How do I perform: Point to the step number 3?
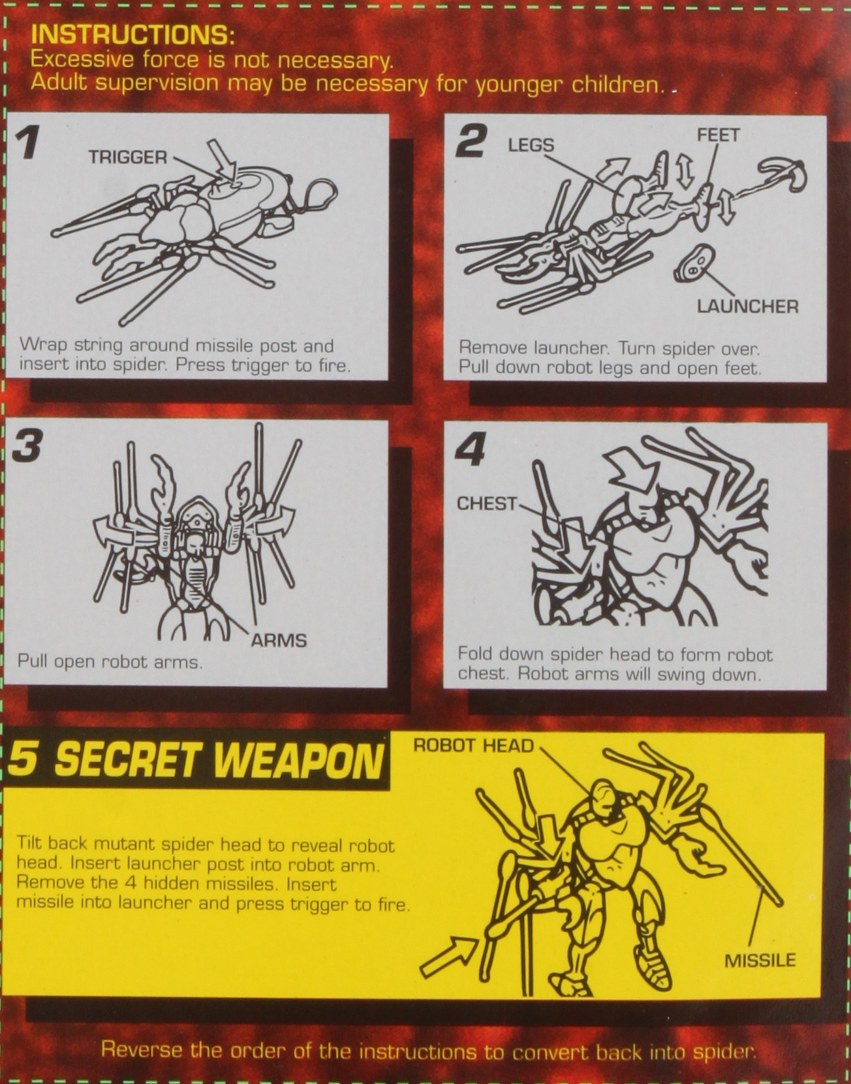(27, 445)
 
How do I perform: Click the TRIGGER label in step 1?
(128, 157)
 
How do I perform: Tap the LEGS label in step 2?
(531, 145)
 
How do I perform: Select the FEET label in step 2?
(718, 135)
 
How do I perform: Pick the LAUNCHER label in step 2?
(748, 306)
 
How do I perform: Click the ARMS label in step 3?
(278, 641)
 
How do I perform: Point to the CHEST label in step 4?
(487, 504)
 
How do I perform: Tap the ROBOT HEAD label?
(474, 746)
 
